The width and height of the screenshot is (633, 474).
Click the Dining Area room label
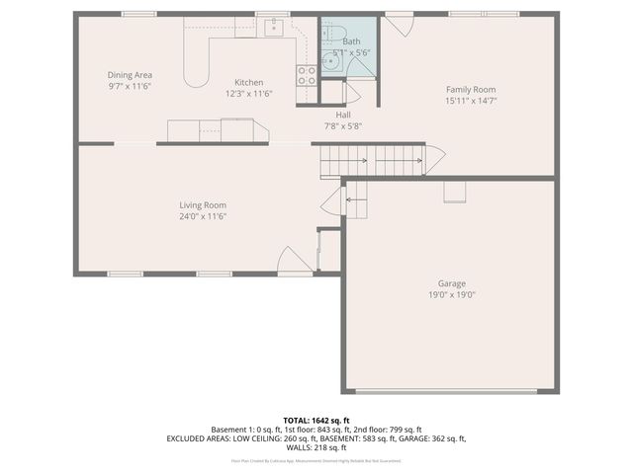tap(129, 75)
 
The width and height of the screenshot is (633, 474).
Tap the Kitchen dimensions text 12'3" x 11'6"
tap(247, 94)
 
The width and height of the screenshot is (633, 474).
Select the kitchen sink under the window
tap(274, 28)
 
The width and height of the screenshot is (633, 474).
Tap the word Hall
tap(343, 115)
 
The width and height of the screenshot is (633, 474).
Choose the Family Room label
tap(470, 89)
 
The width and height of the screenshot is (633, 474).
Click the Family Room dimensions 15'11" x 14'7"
tap(470, 100)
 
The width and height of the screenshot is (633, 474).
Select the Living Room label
tap(203, 205)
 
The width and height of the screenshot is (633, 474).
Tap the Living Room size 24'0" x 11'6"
tap(203, 216)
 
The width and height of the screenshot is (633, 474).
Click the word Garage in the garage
tap(452, 283)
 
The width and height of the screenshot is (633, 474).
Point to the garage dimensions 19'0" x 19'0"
tap(452, 294)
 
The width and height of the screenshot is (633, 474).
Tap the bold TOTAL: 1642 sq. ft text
tap(316, 421)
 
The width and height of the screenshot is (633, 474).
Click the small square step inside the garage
tap(454, 191)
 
